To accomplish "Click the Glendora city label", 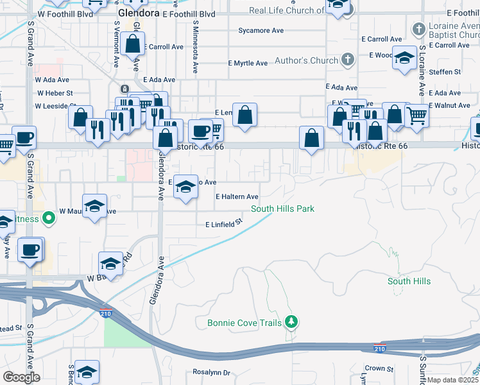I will (x=137, y=13).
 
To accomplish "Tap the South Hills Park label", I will (x=282, y=209).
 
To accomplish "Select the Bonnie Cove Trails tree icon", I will (x=291, y=321).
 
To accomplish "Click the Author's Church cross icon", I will (x=348, y=60).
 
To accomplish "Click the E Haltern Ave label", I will (x=237, y=197).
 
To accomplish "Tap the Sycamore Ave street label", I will (x=261, y=30).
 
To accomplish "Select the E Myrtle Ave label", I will (x=248, y=64).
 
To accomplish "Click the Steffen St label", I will (x=445, y=73).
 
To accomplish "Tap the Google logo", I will (x=21, y=377).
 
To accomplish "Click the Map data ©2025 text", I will (x=453, y=380).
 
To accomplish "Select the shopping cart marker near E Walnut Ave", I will (x=416, y=116).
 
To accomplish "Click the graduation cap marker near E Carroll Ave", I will (x=404, y=58).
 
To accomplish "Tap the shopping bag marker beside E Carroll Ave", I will (x=133, y=44).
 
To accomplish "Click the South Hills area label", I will (x=409, y=281).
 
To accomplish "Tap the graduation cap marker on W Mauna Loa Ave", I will (x=95, y=206).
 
